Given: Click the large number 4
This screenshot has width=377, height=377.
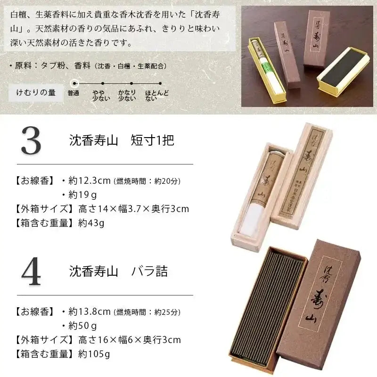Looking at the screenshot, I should [x=31, y=272].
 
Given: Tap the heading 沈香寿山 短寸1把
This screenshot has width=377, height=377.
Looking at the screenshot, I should [x=122, y=140].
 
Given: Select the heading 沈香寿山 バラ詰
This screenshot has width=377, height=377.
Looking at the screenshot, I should [x=118, y=272].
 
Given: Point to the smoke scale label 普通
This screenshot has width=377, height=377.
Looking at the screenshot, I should [x=73, y=93].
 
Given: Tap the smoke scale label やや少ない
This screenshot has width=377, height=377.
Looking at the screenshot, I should [x=98, y=95].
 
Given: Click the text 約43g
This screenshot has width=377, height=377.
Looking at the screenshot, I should [x=91, y=223].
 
